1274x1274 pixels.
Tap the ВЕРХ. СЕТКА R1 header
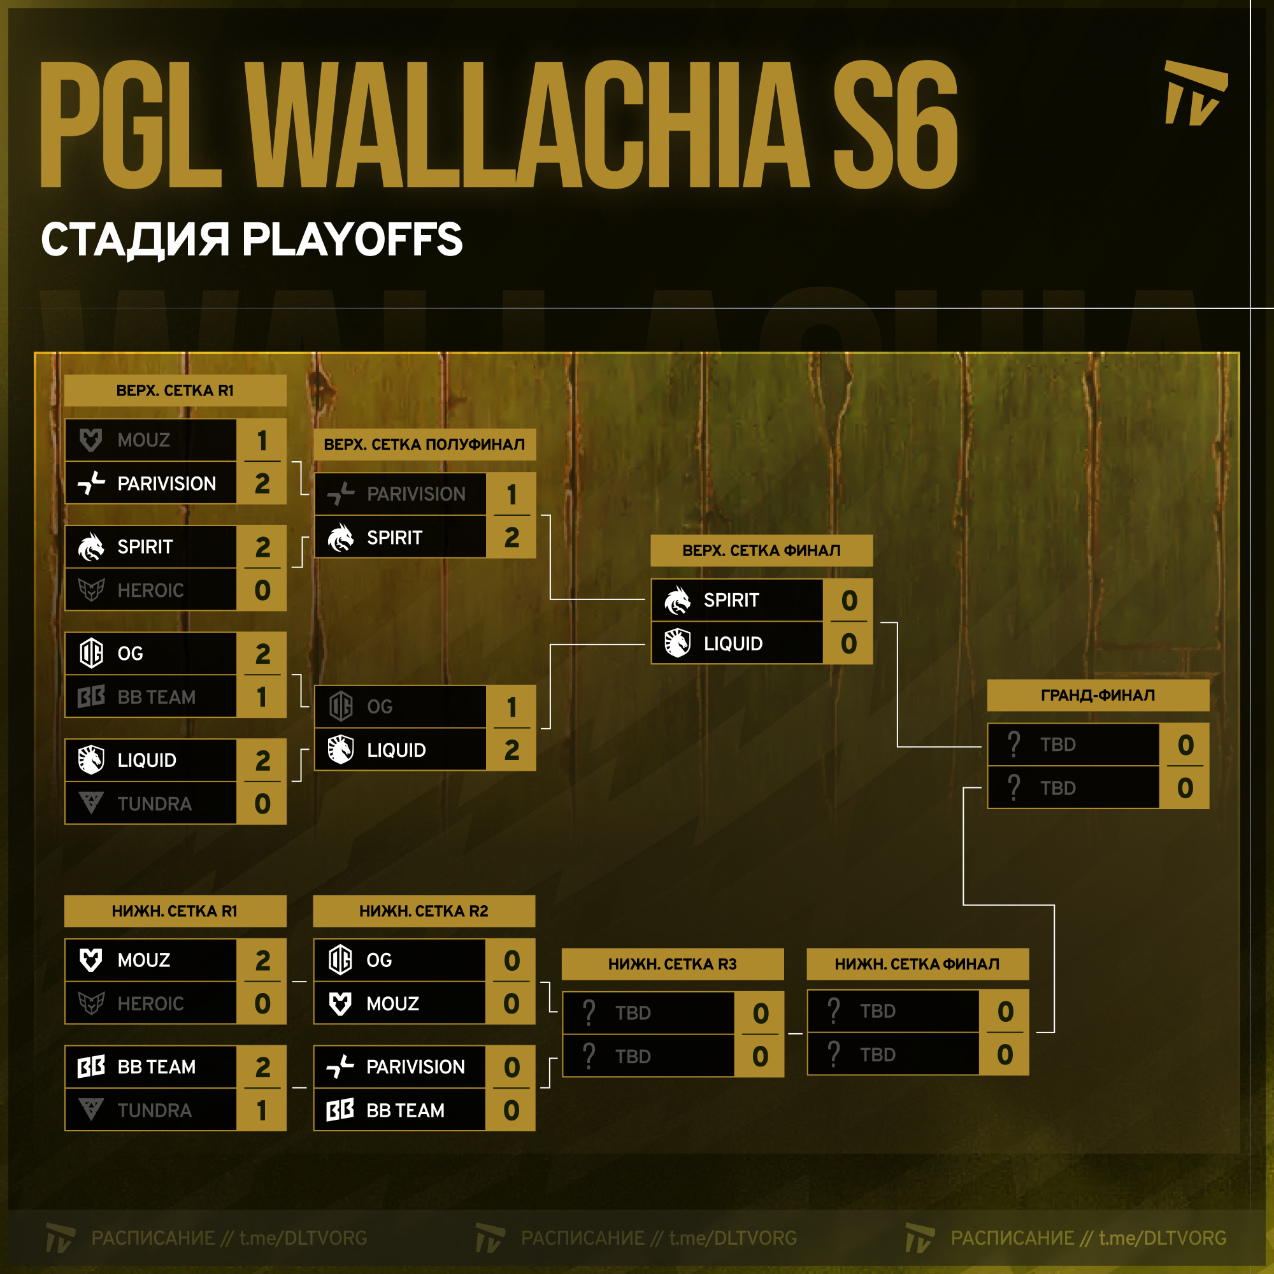coord(175,390)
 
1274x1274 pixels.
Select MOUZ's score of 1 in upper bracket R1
coord(262,440)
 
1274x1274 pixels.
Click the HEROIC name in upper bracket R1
coord(150,590)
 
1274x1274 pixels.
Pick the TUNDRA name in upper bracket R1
coord(154,804)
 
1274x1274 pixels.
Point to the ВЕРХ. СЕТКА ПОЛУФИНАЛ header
coord(425,445)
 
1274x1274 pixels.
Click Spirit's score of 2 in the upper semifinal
coord(512,538)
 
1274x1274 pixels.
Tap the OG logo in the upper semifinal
coord(341,706)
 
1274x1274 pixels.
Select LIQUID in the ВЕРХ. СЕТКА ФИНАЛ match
coord(733,643)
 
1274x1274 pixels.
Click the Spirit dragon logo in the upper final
coord(677,600)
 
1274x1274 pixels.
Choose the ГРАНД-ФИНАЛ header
coord(1098,695)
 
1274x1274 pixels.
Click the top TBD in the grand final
coord(1057,745)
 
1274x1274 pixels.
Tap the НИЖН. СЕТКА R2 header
coord(424,911)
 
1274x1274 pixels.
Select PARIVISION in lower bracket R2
coord(415,1066)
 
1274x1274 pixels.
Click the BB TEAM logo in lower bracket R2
coord(340,1110)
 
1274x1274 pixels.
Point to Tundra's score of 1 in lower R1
coord(262,1110)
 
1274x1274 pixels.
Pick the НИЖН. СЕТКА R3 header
coord(673,964)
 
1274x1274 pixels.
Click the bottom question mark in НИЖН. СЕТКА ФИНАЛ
coord(833,1054)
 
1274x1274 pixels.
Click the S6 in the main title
coord(895,125)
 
